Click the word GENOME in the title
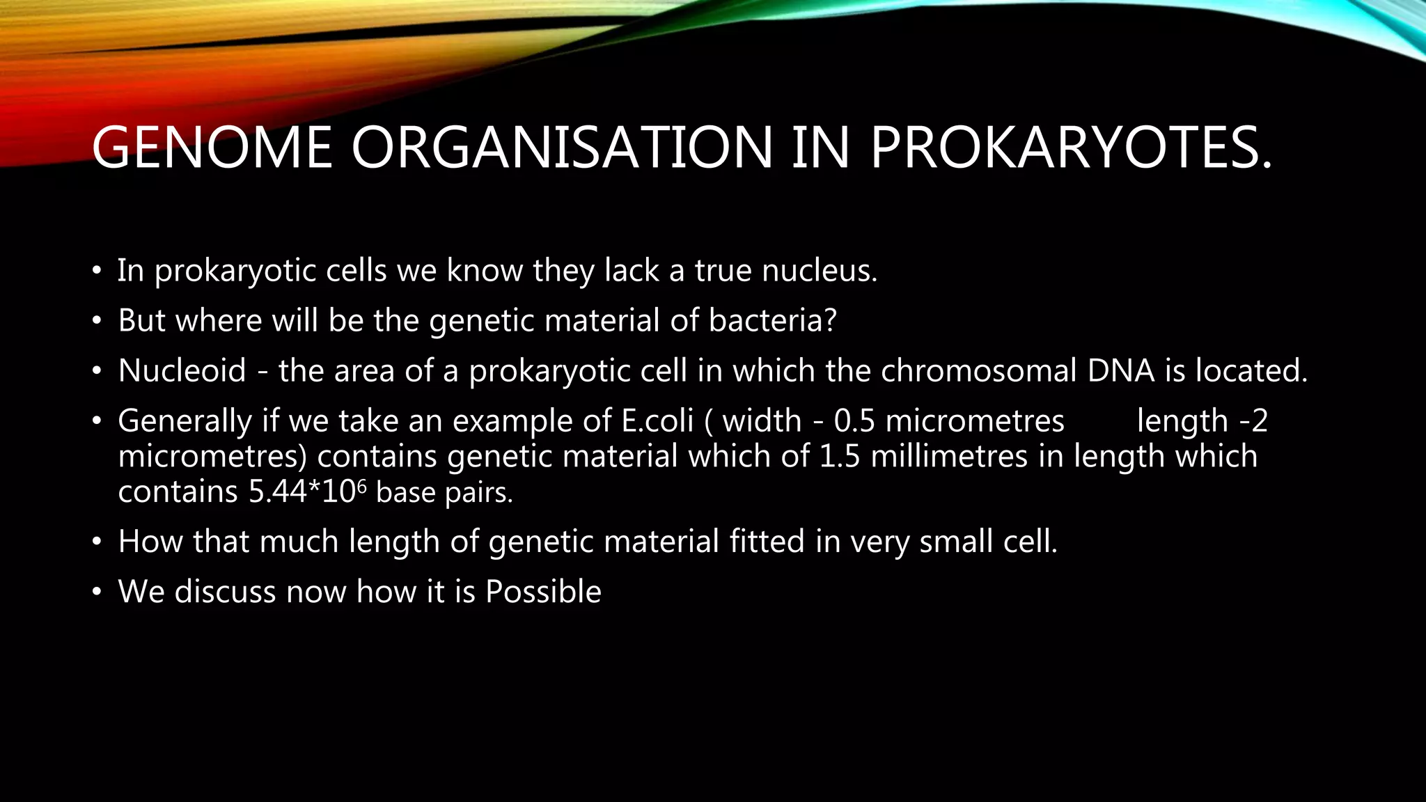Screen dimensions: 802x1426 [212, 148]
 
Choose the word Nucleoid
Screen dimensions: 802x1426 [182, 370]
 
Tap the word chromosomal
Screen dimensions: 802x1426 [979, 370]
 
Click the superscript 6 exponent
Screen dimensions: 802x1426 [361, 485]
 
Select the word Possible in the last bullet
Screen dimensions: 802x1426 [543, 592]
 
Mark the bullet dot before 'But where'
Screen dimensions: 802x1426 [97, 322]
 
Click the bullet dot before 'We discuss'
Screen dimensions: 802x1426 [97, 592]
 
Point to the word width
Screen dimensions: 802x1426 [762, 420]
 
